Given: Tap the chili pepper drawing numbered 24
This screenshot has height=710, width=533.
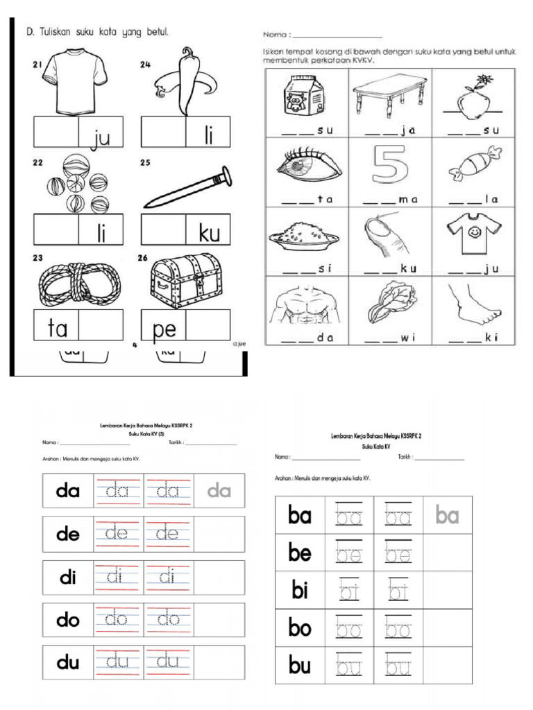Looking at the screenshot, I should coord(183,80).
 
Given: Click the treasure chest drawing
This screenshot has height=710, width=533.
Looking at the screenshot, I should coord(187,280).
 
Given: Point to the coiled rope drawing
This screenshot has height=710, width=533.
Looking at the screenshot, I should coord(78,281).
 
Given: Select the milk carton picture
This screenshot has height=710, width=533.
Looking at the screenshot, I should coord(302,98).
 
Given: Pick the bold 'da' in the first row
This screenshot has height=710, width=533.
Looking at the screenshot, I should coord(68,491).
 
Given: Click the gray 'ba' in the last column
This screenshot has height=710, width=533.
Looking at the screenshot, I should coord(448,515).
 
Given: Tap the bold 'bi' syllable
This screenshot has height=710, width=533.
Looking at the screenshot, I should coord(300,591).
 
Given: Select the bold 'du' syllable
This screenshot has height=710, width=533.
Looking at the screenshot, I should coord(68,663).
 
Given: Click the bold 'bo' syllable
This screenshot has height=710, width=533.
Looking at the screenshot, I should coord(300,629).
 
